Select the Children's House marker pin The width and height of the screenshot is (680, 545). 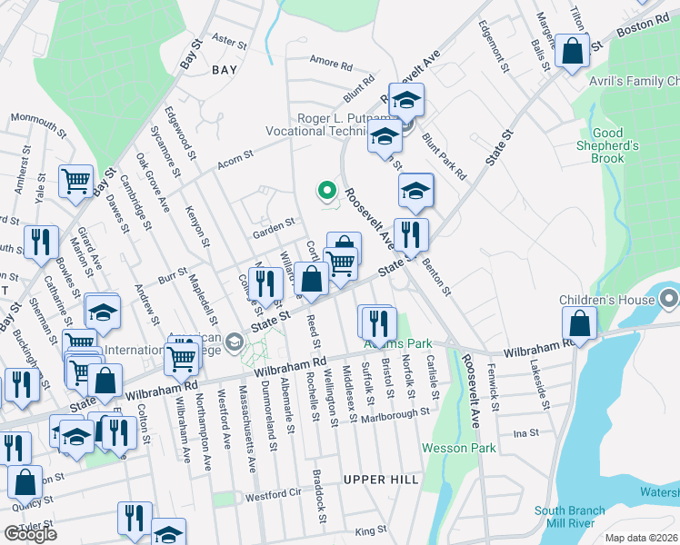tap(669, 298)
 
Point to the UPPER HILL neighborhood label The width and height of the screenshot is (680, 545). tap(381, 479)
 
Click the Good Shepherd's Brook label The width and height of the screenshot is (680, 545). tap(607, 145)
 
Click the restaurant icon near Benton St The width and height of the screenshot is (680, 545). tap(411, 234)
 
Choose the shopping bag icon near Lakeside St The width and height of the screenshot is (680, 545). tap(579, 323)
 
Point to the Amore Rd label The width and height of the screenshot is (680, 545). tap(330, 64)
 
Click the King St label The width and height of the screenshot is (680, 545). tap(371, 530)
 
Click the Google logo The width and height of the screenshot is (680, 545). tap(30, 534)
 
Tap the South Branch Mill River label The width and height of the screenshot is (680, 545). tap(570, 517)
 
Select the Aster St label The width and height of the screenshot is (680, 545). tap(229, 42)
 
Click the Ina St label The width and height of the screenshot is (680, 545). tap(526, 433)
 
